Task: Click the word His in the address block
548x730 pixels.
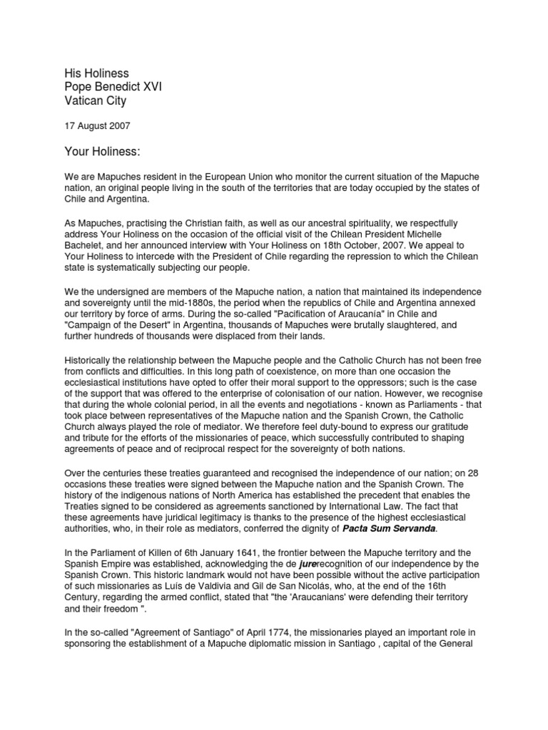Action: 75,73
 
